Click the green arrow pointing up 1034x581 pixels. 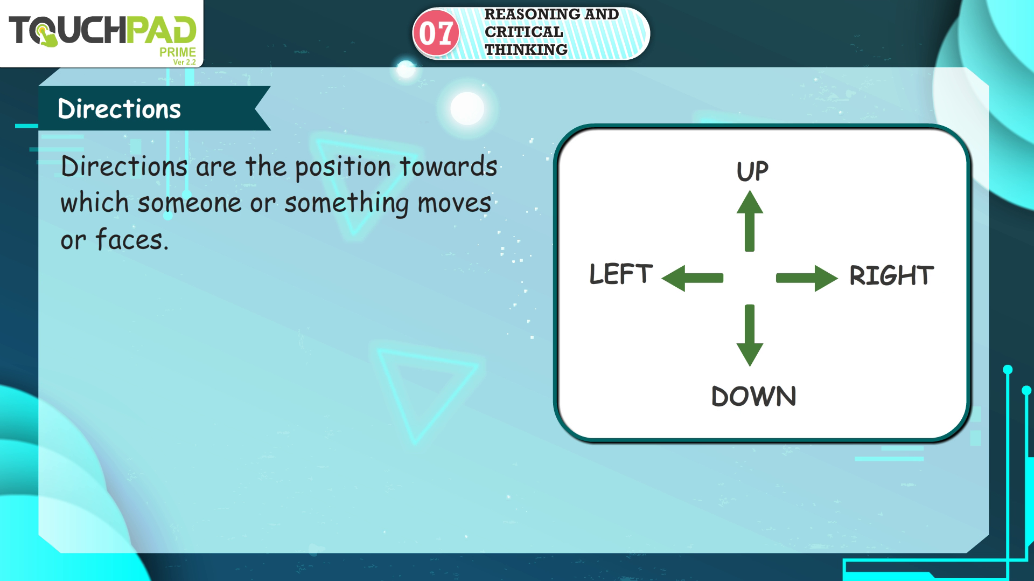pyautogui.click(x=750, y=221)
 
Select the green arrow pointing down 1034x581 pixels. pyautogui.click(x=750, y=335)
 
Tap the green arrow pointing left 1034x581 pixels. pyautogui.click(x=693, y=278)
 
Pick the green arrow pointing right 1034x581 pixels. pyautogui.click(x=807, y=278)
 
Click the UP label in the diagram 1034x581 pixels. pyautogui.click(x=752, y=171)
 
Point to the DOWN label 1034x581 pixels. pyautogui.click(x=753, y=397)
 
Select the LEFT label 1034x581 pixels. pyautogui.click(x=621, y=274)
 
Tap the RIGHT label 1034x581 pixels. pyautogui.click(x=891, y=275)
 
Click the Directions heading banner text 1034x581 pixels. pyautogui.click(x=119, y=109)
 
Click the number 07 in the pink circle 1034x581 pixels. pyautogui.click(x=436, y=33)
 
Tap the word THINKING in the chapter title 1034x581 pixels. pyautogui.click(x=526, y=50)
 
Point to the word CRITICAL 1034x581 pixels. pyautogui.click(x=524, y=32)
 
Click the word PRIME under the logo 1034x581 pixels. pyautogui.click(x=178, y=52)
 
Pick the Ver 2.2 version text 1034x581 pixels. pyautogui.click(x=184, y=62)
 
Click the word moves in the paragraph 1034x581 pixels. pyautogui.click(x=455, y=204)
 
